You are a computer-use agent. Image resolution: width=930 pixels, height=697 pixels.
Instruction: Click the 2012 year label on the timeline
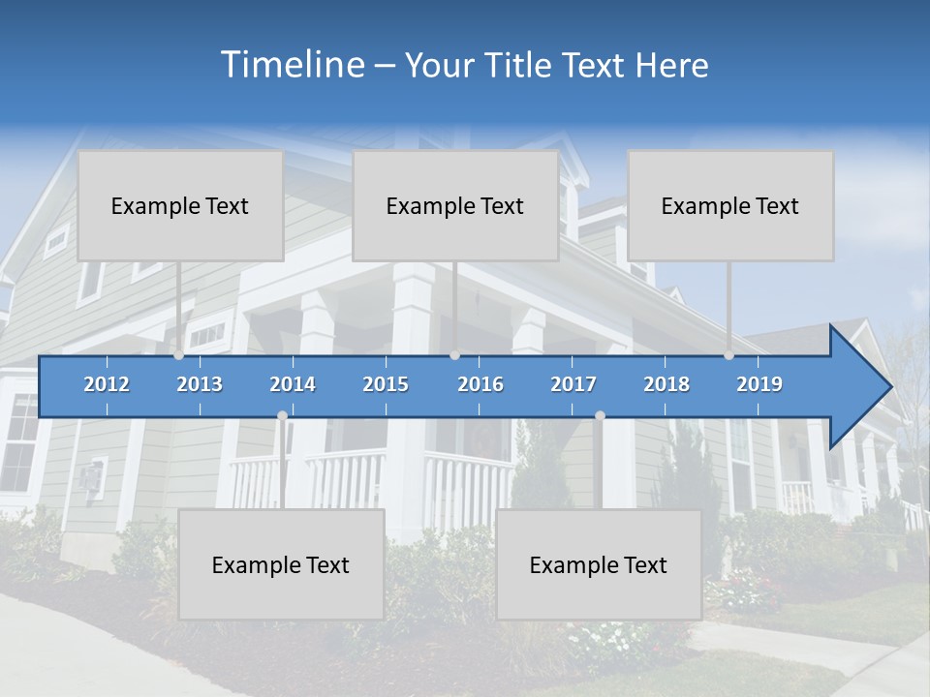point(107,384)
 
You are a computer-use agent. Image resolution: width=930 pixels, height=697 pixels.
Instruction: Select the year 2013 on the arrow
point(200,384)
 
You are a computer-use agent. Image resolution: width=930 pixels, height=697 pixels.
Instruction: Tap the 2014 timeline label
point(293,384)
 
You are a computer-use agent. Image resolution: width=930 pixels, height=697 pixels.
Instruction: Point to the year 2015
point(386,384)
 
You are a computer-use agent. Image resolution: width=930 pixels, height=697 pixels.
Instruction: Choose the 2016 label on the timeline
point(480,384)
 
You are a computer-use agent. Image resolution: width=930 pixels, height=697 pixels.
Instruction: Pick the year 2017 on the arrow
point(573,384)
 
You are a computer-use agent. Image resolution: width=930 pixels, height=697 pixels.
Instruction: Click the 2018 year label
point(666,384)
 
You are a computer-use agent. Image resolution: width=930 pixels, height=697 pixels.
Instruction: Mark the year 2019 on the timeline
point(759,384)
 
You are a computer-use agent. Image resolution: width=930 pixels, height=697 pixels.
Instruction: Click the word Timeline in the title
point(292,65)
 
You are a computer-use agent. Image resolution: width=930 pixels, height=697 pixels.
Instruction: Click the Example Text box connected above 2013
point(180,205)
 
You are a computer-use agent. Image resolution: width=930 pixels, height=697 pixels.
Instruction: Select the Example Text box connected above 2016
point(455,205)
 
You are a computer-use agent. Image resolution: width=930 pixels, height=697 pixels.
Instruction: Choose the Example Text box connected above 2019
point(730,205)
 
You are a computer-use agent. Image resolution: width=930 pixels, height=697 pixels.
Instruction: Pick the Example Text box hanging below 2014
point(281,564)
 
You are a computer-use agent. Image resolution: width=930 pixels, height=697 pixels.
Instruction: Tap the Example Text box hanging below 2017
point(599,564)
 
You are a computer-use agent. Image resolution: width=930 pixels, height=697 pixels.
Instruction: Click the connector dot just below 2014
point(282,415)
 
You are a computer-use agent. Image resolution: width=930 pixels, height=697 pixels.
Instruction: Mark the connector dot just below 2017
point(600,415)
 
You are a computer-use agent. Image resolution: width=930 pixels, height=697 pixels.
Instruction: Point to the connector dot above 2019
point(728,355)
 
